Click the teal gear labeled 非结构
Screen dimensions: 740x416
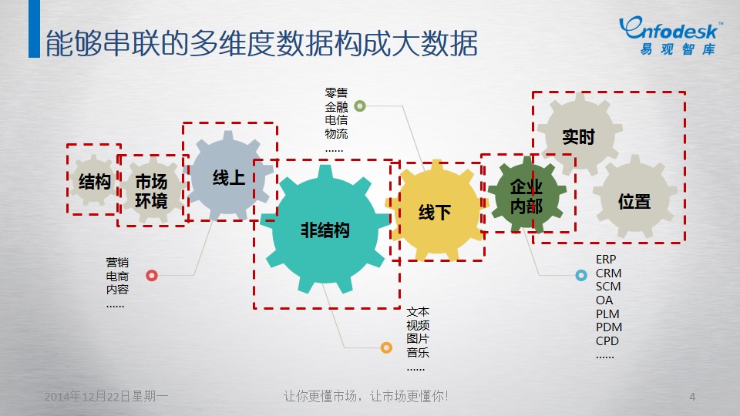click(x=325, y=230)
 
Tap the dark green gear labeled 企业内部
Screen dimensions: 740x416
click(x=526, y=195)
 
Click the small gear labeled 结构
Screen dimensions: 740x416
click(x=94, y=180)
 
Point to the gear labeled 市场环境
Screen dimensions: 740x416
click(x=152, y=190)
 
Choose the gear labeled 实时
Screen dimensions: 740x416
click(x=580, y=136)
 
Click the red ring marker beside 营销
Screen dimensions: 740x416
click(x=152, y=276)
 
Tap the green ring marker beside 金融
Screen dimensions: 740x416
click(x=360, y=106)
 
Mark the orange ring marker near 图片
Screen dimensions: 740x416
click(x=386, y=348)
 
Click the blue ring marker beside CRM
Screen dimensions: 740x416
click(x=581, y=275)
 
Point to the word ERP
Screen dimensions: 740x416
click(x=606, y=260)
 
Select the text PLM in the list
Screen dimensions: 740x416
click(x=607, y=314)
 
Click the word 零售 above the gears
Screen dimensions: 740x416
click(x=336, y=93)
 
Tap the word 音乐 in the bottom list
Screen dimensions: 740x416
click(x=418, y=352)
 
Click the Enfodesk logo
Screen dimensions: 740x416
click(x=670, y=35)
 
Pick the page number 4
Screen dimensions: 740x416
click(x=692, y=397)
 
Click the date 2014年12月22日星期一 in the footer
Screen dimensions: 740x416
click(x=106, y=396)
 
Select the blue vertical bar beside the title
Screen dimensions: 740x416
click(x=34, y=29)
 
